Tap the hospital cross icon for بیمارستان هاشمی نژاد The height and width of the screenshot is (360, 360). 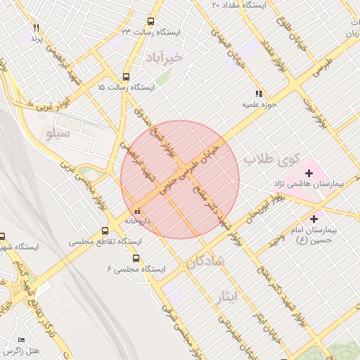click(x=309, y=173)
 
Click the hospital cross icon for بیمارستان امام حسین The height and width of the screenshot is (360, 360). click(x=314, y=219)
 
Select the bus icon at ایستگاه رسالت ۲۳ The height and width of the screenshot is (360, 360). click(x=150, y=22)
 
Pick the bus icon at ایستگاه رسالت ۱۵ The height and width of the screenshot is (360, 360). click(x=126, y=77)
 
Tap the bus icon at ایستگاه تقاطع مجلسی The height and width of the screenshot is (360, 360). click(x=105, y=231)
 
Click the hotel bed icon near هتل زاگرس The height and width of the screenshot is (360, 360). click(x=20, y=340)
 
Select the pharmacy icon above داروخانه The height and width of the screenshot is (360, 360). click(x=137, y=210)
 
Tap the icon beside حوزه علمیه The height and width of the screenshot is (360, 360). click(x=259, y=93)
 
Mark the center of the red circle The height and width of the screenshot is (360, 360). click(x=180, y=180)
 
